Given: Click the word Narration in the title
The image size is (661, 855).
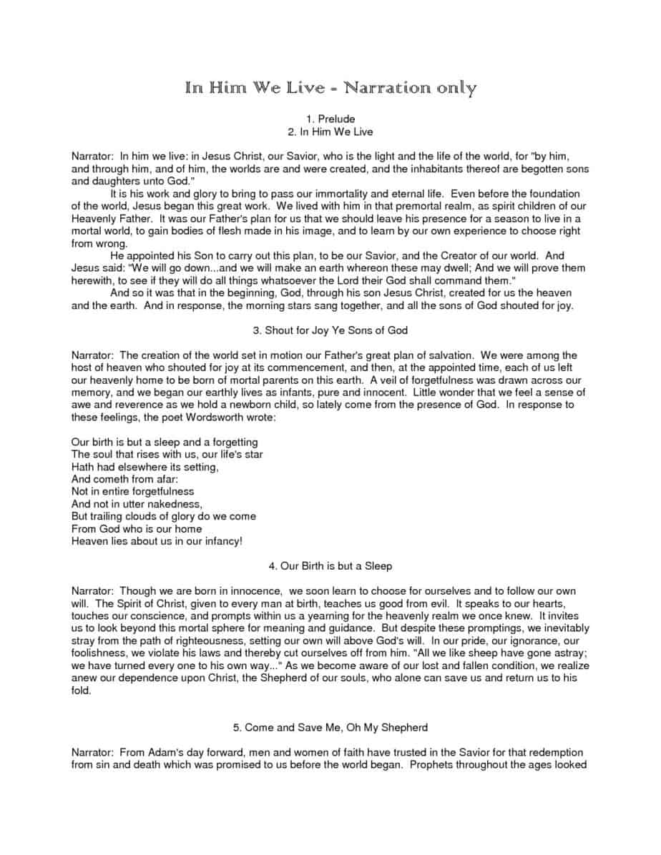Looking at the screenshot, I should point(384,88).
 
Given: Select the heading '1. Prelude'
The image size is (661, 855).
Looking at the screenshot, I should point(330,119).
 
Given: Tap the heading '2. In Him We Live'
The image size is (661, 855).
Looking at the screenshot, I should point(330,132).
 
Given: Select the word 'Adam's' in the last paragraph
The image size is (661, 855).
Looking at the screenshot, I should point(171,752).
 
